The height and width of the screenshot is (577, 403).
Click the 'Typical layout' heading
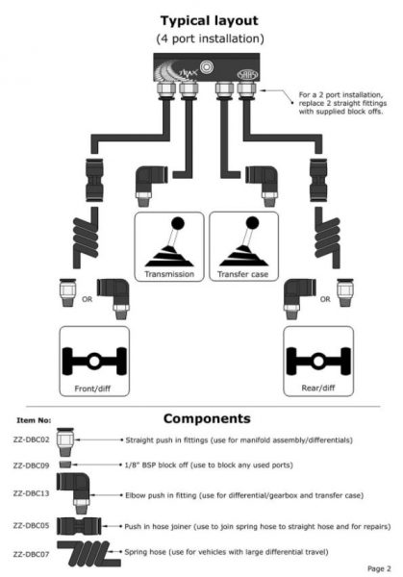click(201, 19)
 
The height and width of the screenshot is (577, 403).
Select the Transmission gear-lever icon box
click(169, 246)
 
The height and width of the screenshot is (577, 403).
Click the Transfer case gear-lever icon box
click(242, 246)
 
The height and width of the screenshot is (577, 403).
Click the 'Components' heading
click(207, 418)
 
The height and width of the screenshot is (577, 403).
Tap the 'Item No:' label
click(35, 421)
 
